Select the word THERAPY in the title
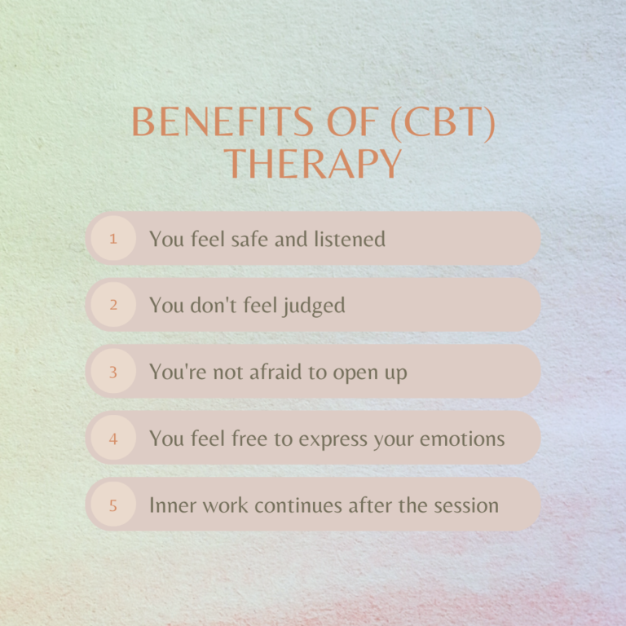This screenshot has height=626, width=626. tap(313, 162)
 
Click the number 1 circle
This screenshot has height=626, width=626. tap(112, 239)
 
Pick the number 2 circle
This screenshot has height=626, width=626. tap(112, 305)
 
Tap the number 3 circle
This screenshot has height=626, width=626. tap(112, 372)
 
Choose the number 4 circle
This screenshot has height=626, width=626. tap(112, 439)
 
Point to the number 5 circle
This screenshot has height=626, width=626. tap(112, 505)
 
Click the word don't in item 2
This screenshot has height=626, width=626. tap(212, 305)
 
